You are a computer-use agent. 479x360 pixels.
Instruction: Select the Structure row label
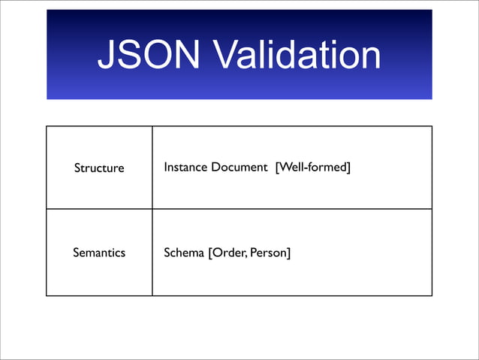point(99,168)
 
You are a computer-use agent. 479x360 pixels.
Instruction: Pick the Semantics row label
point(99,253)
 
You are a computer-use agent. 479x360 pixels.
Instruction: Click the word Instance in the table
point(185,167)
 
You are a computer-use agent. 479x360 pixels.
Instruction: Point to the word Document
point(239,167)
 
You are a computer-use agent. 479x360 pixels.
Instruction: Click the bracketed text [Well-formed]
point(313,167)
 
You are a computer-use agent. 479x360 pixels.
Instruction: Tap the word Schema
point(184,253)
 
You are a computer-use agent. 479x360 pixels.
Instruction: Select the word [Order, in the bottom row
point(227,253)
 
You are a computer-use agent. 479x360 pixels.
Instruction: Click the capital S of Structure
point(77,168)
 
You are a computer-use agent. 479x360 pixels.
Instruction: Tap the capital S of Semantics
point(75,253)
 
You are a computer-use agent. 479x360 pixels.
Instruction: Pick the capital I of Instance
point(165,167)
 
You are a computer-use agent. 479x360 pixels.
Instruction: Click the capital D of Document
point(215,167)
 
